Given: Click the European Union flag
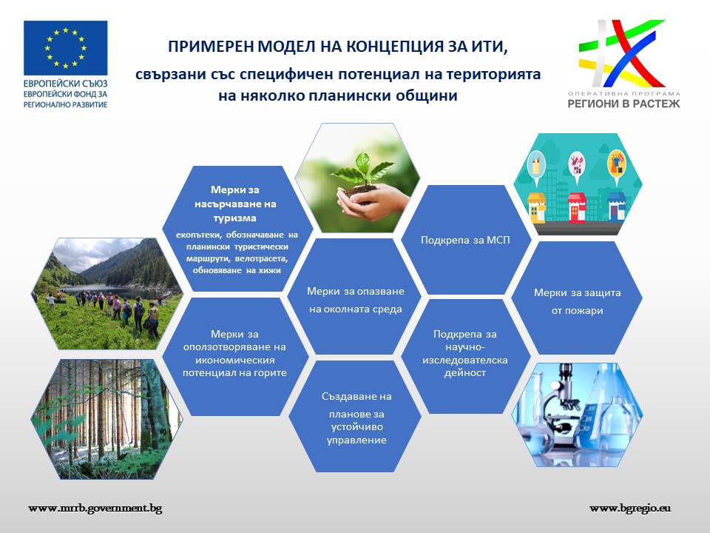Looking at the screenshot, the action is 66,47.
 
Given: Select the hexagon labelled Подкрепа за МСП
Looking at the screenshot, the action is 466,240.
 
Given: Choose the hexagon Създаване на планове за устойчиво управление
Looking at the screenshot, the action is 355,416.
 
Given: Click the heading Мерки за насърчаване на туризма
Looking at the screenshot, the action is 235,204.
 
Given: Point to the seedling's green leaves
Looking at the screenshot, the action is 362,169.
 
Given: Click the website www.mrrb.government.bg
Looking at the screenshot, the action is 95,509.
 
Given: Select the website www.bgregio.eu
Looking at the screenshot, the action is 630,509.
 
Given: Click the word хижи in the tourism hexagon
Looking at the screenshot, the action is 270,271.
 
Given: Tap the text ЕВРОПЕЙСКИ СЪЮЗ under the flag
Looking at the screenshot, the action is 66,84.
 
